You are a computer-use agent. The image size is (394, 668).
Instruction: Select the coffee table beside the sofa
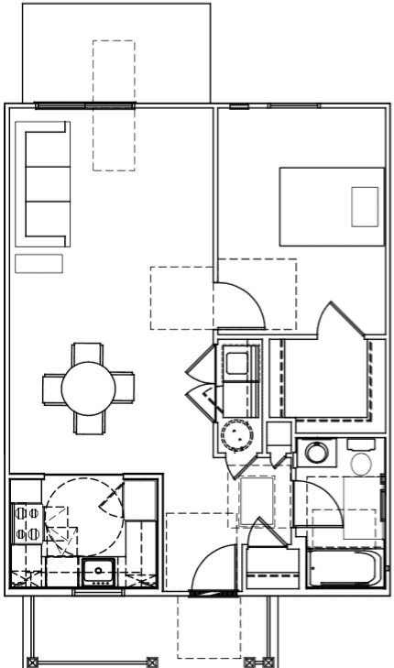pyautogui.click(x=38, y=264)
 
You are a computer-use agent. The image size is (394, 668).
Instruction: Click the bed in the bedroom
pyautogui.click(x=331, y=206)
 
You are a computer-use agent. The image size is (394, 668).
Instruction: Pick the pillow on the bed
pyautogui.click(x=364, y=206)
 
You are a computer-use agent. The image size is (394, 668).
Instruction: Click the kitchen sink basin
pyautogui.click(x=96, y=572)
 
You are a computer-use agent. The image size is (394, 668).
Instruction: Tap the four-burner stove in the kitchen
pyautogui.click(x=26, y=524)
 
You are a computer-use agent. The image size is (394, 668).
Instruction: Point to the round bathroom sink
pyautogui.click(x=317, y=453)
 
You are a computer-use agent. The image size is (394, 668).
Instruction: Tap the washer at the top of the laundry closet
pyautogui.click(x=239, y=362)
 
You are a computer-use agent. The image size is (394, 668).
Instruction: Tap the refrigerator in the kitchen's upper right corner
pyautogui.click(x=142, y=498)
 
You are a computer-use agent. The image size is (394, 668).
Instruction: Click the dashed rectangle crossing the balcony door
pyautogui.click(x=114, y=105)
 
